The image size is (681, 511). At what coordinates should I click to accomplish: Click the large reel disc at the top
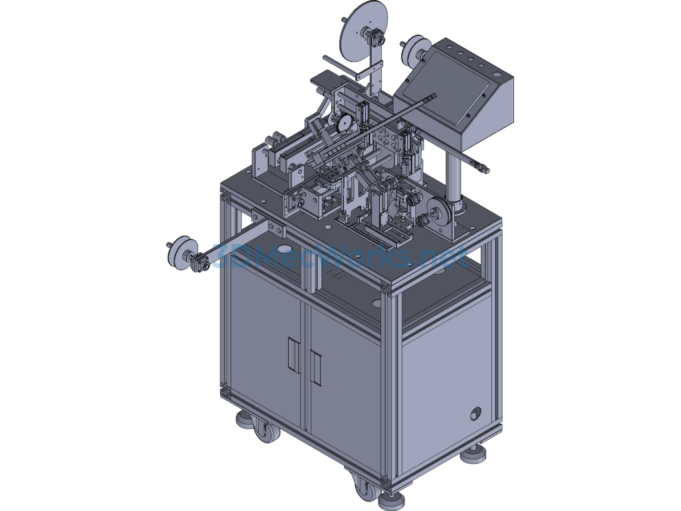(x=357, y=30)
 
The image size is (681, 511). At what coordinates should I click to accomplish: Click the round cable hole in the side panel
(x=475, y=413)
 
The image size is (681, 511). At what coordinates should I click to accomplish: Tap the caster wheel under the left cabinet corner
(x=266, y=432)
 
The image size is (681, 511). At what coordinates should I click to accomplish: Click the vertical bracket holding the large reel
(x=379, y=67)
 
